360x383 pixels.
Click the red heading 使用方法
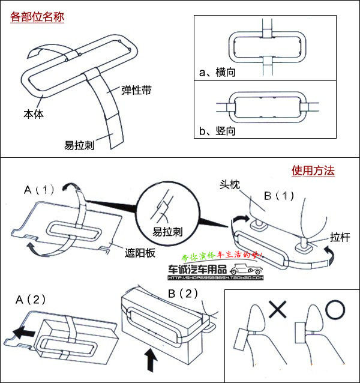(x=313, y=171)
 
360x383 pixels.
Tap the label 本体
(x=34, y=113)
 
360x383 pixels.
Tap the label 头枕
(x=230, y=186)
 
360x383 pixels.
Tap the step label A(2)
(x=31, y=298)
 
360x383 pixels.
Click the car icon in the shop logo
(x=249, y=270)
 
